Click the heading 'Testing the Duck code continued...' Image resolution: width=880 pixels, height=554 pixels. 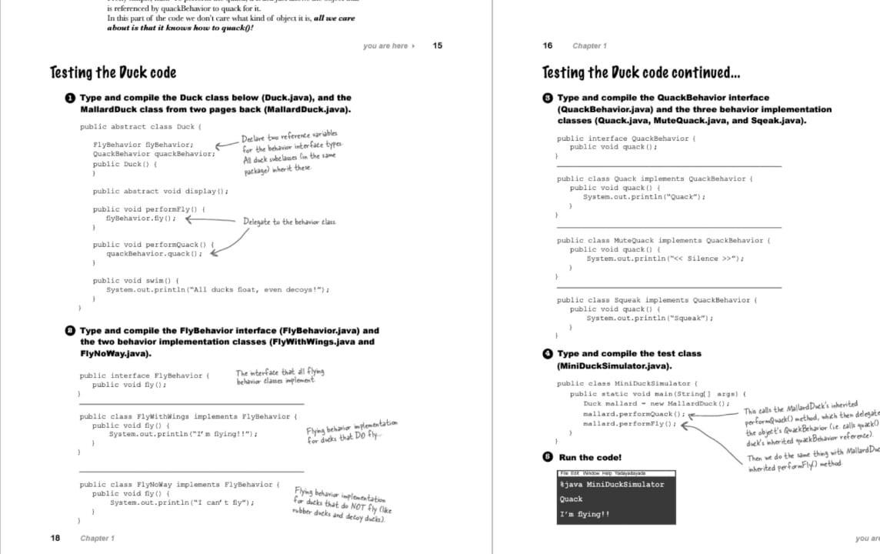click(642, 73)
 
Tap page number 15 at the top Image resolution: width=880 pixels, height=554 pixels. click(437, 46)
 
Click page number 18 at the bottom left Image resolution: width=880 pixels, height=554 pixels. click(55, 538)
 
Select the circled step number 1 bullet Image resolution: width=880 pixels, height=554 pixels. click(70, 98)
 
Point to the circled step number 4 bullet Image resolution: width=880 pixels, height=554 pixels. click(547, 353)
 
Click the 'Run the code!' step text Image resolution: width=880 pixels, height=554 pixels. click(590, 457)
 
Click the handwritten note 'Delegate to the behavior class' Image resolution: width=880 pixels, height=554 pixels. click(289, 222)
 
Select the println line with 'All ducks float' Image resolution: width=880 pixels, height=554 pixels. click(218, 289)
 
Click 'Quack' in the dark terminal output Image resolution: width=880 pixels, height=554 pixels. click(571, 499)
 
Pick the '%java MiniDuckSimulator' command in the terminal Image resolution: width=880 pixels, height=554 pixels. click(611, 484)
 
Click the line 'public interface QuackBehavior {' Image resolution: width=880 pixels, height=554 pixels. click(625, 138)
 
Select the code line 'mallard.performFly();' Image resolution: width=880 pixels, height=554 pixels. click(629, 424)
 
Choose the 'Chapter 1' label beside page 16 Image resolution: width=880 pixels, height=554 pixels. click(589, 46)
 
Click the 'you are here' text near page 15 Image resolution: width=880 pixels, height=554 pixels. click(387, 46)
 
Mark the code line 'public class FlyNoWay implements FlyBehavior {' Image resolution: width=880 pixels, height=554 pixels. click(179, 485)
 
